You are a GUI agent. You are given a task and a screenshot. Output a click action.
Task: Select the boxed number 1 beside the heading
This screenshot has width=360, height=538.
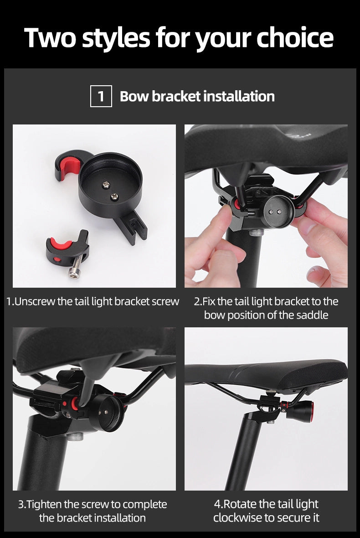[101, 96]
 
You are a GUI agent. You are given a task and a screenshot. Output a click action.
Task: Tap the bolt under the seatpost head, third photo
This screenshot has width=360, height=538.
[76, 437]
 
